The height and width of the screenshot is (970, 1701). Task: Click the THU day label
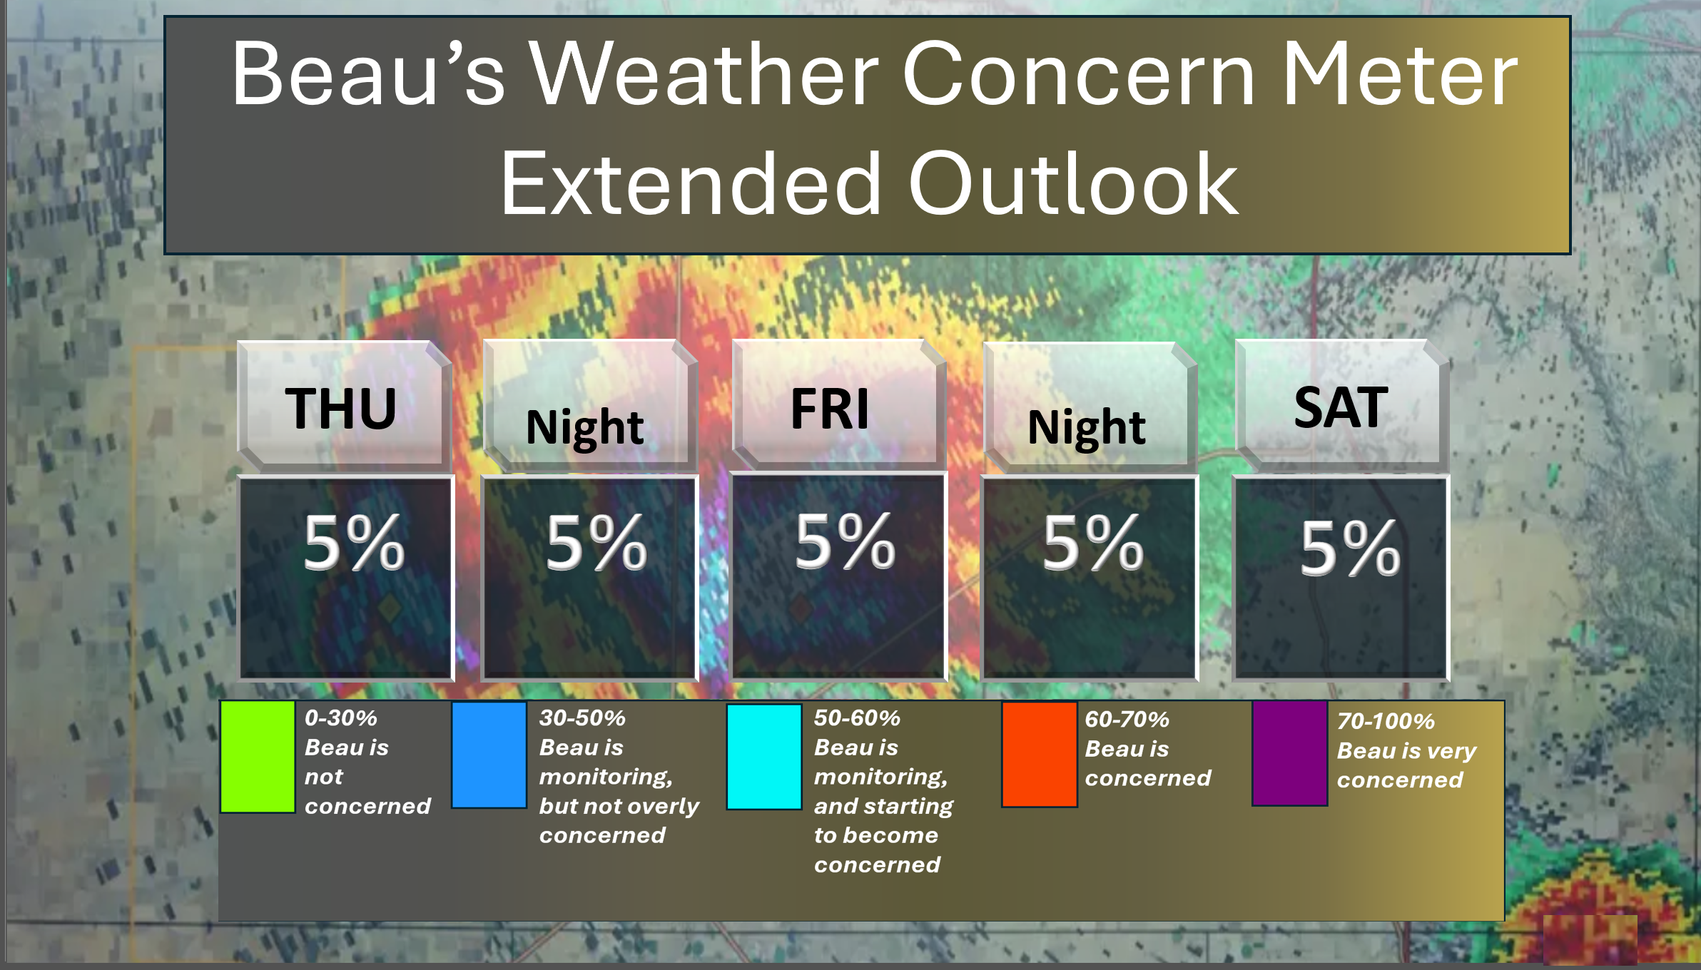point(340,408)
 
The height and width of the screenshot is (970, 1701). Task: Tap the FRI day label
point(830,408)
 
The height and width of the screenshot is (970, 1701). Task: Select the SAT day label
point(1341,407)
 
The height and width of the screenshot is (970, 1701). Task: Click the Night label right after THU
point(584,428)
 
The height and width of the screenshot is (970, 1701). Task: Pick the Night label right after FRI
point(1086,428)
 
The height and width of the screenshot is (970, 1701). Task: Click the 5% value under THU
point(354,543)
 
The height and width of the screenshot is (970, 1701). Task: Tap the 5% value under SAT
point(1350,548)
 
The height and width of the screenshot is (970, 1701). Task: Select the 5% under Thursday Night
point(596,543)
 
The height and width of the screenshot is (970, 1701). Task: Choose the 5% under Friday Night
point(1093,543)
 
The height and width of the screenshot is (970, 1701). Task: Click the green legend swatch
point(258,757)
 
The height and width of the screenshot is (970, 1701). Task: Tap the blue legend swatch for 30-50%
point(489,755)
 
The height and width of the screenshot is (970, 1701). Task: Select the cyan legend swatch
point(764,757)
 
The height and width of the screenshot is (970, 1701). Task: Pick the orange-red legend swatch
point(1040,755)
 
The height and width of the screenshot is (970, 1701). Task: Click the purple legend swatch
point(1290,754)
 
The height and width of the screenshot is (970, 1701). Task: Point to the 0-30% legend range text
point(341,718)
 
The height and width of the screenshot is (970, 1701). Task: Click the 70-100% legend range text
point(1386,721)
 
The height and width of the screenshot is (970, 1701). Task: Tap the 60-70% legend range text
point(1127,719)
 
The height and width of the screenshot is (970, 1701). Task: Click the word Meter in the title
point(1400,74)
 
